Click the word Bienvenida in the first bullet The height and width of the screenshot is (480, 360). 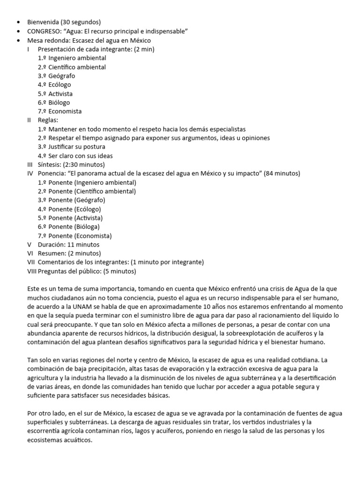point(44,22)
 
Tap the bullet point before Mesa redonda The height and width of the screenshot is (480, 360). point(18,40)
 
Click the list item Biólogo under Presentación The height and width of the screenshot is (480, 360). point(59,103)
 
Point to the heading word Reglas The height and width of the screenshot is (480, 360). point(47,120)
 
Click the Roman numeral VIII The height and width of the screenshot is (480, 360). point(31,271)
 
